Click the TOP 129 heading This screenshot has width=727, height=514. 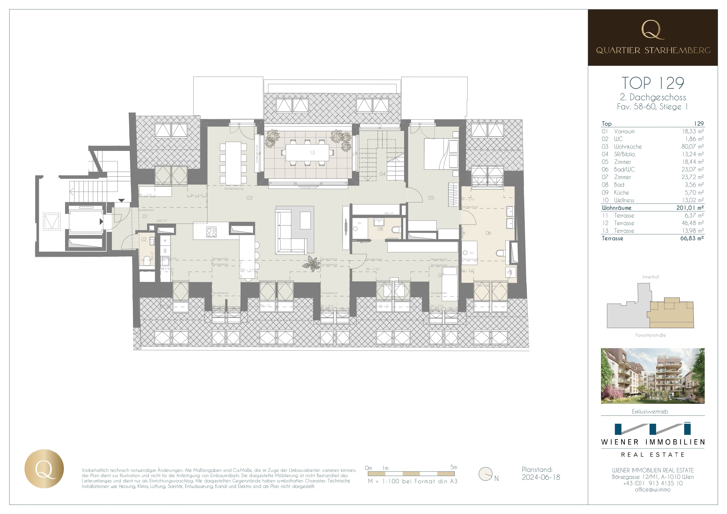click(x=653, y=83)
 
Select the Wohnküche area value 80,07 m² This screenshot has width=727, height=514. click(x=692, y=147)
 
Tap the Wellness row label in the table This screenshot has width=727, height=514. click(x=624, y=200)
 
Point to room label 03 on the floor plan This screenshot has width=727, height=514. click(x=249, y=198)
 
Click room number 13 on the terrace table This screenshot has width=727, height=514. click(x=312, y=153)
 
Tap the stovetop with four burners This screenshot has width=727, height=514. click(x=211, y=232)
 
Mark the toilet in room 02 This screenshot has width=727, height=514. click(x=147, y=261)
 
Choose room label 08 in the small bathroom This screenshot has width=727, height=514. click(x=380, y=229)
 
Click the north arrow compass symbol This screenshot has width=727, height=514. click(x=486, y=474)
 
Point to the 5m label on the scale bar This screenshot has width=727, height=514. click(x=453, y=467)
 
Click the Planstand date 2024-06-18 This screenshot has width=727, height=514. click(x=541, y=477)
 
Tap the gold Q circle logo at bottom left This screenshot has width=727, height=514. click(x=44, y=468)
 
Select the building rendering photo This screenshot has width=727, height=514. click(x=653, y=376)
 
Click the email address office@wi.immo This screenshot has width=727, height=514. click(x=653, y=490)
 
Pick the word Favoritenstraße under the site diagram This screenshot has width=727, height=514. click(x=651, y=335)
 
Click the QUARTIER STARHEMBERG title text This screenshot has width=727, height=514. click(x=653, y=50)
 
